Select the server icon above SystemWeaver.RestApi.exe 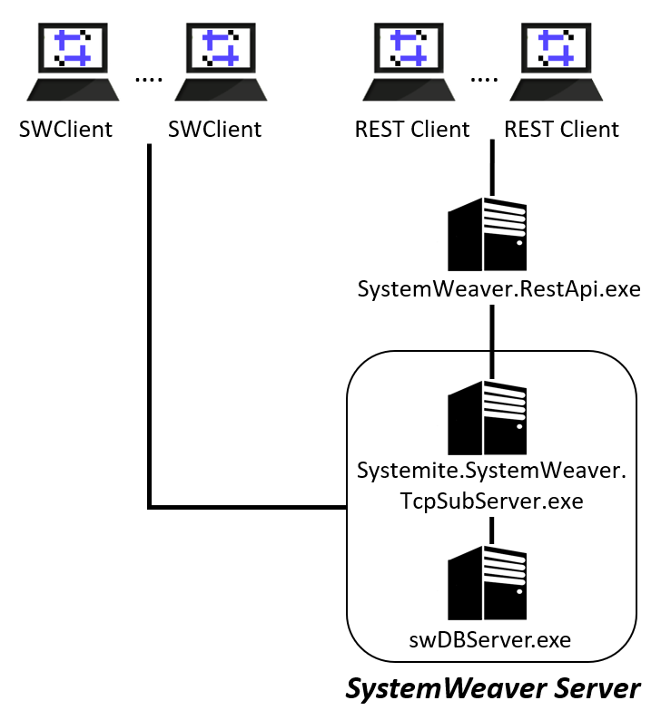point(488,234)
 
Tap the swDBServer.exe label point(490,639)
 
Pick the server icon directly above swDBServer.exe point(488,584)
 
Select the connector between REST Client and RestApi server point(491,168)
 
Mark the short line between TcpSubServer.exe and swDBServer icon point(491,530)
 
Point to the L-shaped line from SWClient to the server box point(149,363)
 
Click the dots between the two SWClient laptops point(147,79)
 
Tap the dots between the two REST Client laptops point(484,79)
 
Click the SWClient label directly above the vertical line point(214,129)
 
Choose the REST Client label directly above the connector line point(561,129)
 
